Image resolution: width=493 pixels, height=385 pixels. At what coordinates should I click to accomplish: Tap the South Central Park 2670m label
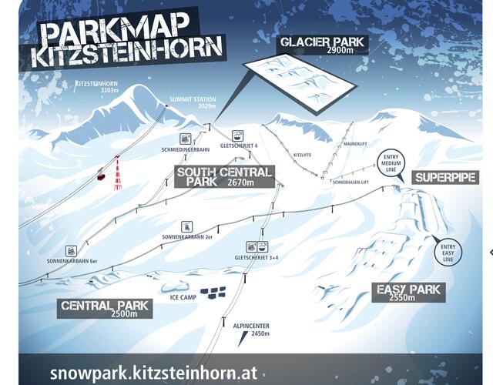224,177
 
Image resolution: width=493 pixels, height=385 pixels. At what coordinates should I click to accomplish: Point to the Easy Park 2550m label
408,292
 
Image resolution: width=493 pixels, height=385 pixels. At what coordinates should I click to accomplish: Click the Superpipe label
446,178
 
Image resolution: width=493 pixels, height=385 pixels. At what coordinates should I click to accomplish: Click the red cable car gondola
100,176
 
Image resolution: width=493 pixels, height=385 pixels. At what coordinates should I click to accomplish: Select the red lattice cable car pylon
117,172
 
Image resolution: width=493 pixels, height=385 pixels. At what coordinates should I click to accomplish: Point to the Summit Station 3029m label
194,103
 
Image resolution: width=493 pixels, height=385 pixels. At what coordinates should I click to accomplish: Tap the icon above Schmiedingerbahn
186,138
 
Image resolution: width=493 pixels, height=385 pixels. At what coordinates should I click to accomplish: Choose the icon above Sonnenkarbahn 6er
72,250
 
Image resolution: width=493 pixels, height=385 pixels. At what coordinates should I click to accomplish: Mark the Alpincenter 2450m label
250,330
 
